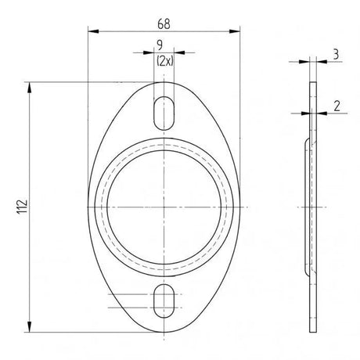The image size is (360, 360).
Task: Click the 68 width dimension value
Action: point(164,24)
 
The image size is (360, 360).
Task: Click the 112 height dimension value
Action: point(22,207)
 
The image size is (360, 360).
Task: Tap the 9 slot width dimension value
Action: point(160,45)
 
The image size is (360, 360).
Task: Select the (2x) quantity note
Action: point(165,61)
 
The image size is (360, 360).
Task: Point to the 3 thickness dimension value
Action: point(336,55)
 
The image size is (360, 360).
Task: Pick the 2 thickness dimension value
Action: point(337,106)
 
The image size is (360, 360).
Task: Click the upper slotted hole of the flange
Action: point(164,113)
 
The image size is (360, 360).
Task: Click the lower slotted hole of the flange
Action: point(164,301)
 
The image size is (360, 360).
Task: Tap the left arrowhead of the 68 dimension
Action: point(93,31)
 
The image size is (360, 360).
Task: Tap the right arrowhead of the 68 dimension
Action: point(234,31)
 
